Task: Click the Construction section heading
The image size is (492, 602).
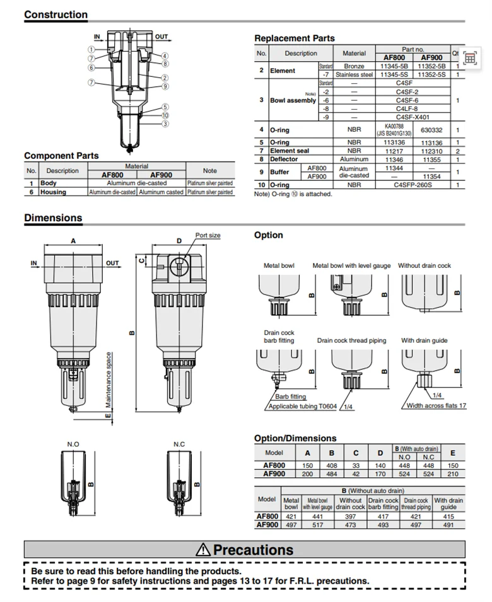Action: point(56,14)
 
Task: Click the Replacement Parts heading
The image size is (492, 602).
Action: point(294,38)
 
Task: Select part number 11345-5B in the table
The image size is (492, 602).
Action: point(394,66)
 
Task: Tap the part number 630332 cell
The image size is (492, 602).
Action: point(431,130)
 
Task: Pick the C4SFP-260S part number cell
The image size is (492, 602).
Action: point(413,185)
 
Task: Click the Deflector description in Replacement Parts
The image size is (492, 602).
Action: point(284,159)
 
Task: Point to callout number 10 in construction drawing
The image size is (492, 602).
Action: point(165,115)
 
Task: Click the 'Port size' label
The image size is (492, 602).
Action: point(208,235)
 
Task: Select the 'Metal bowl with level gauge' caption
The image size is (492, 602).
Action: point(351,265)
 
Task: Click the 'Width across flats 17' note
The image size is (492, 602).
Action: point(436,406)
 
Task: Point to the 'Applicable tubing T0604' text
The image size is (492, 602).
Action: point(303,406)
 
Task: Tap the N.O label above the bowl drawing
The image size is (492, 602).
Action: point(73,444)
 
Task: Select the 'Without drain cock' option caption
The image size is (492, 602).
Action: point(424,265)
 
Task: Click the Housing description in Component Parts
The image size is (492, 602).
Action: point(53,192)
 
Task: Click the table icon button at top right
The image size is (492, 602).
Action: point(470,58)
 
